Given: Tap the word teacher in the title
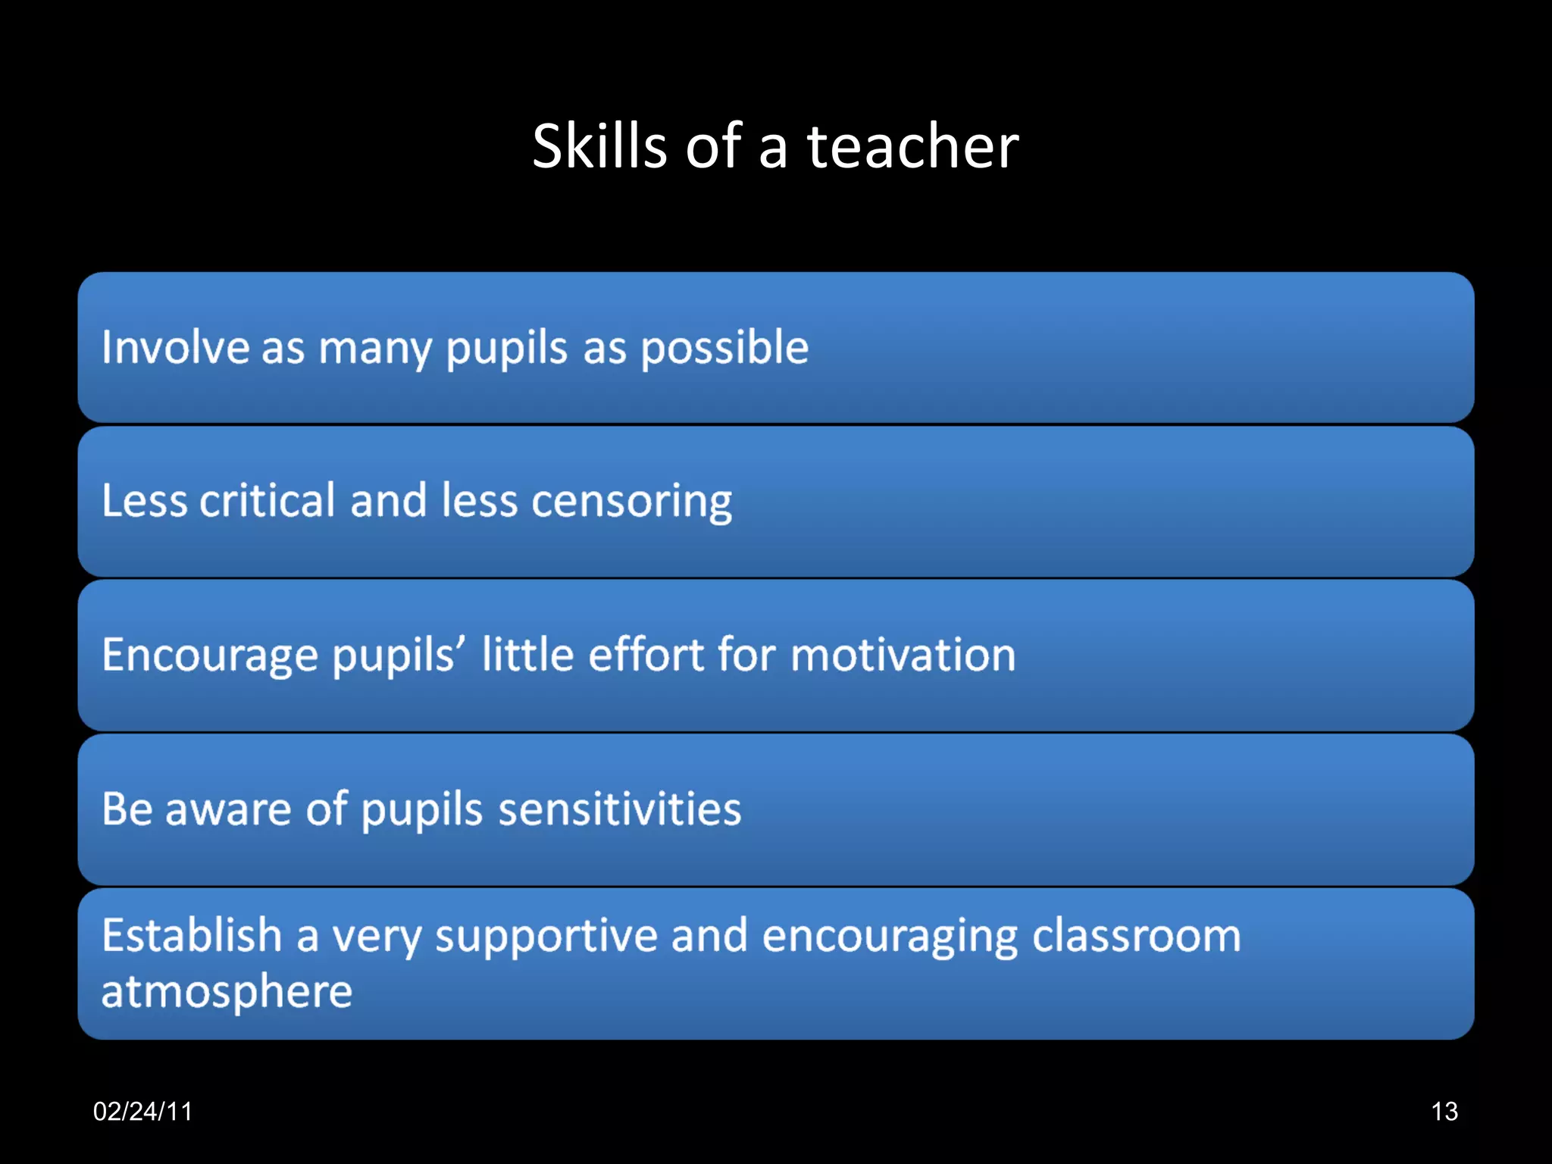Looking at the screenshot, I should (x=912, y=145).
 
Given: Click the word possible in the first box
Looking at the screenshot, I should (x=724, y=349).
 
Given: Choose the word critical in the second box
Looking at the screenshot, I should (x=267, y=500).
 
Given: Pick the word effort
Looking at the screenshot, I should (x=646, y=654).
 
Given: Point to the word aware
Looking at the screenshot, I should (x=228, y=809).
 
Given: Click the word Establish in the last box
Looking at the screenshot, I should (x=192, y=935).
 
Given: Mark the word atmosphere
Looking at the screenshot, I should (x=227, y=992).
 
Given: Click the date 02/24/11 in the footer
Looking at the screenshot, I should (x=142, y=1112).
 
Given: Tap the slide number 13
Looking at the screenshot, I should (x=1444, y=1112).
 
